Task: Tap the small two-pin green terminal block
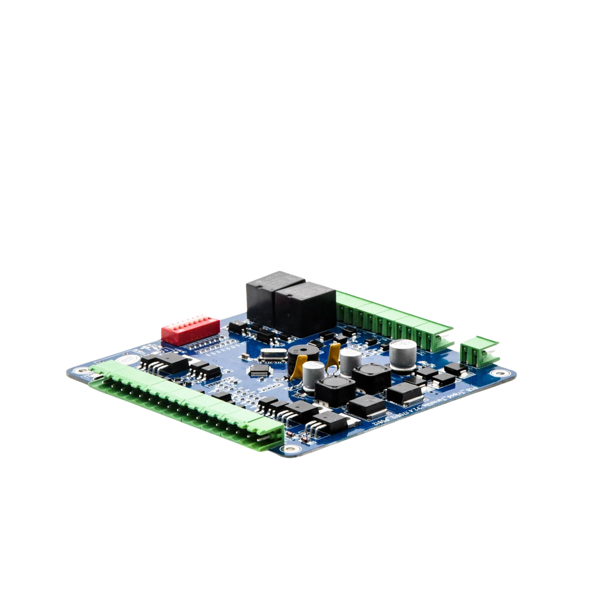click(x=479, y=350)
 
